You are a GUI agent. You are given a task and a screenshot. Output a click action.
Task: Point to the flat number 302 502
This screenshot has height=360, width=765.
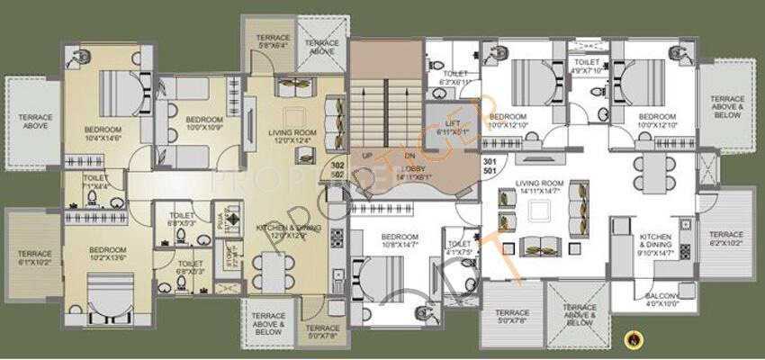(x=338, y=171)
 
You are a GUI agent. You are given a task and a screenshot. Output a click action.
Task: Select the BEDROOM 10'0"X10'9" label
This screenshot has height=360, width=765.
(x=203, y=123)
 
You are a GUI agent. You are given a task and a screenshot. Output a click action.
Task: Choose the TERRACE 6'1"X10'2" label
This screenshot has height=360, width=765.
(x=34, y=258)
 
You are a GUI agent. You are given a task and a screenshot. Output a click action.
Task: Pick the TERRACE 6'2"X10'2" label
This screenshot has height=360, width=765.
(x=726, y=238)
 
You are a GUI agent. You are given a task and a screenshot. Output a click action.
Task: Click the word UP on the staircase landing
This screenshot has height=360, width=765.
(x=366, y=155)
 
